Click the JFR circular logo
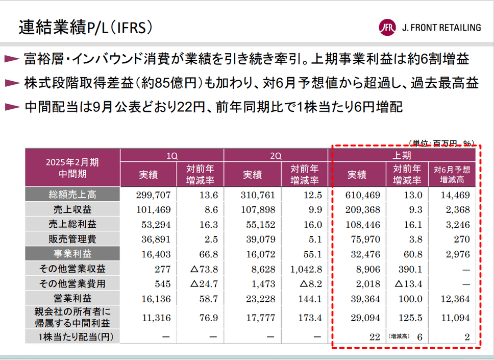point(387,26)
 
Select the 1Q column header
point(171,156)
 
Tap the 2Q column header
point(276,156)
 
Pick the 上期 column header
point(403,156)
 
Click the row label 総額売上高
point(72,194)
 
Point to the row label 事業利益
point(72,253)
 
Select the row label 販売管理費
point(72,238)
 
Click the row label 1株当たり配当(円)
point(72,337)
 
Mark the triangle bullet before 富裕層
point(12,59)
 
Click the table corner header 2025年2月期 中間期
point(72,167)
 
